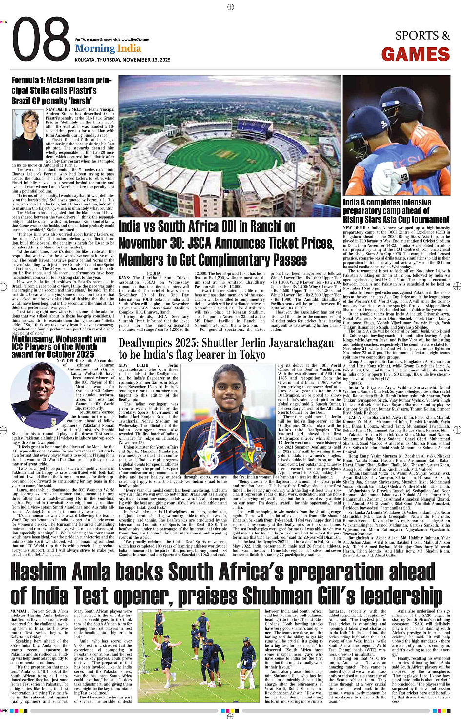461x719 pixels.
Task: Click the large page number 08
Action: pyautogui.click(x=41, y=41)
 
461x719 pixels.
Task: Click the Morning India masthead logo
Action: pyautogui.click(x=108, y=48)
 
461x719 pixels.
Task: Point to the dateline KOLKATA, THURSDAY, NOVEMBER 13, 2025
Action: pyautogui.click(x=122, y=60)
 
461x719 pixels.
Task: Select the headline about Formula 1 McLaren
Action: pyautogui.click(x=61, y=90)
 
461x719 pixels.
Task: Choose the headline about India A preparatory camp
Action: pyautogui.click(x=396, y=211)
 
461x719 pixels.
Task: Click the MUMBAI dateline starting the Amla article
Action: pyautogui.click(x=19, y=611)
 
